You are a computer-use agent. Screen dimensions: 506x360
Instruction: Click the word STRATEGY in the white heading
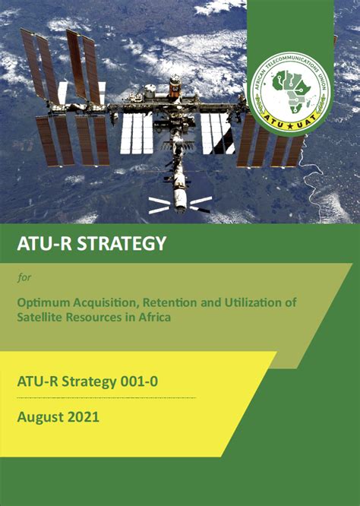(x=117, y=244)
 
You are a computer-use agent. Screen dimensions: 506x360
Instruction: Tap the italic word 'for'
(x=23, y=277)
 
